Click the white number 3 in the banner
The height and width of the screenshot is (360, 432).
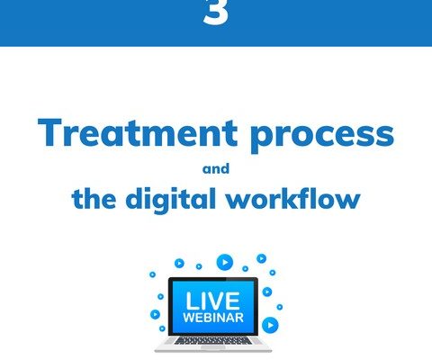(x=216, y=13)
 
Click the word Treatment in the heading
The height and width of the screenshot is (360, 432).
(x=138, y=132)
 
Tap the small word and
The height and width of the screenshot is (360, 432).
(x=216, y=168)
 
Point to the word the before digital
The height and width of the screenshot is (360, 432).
(x=94, y=198)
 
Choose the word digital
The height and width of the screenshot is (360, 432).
(x=170, y=201)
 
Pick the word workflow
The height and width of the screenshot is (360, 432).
(x=293, y=198)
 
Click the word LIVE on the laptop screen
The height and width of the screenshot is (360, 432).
(x=212, y=301)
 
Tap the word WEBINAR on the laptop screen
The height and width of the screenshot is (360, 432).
(x=213, y=318)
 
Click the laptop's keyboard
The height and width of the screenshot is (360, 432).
(x=213, y=340)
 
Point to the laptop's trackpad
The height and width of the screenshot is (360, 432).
(x=213, y=347)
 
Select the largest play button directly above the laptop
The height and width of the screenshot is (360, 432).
(x=225, y=262)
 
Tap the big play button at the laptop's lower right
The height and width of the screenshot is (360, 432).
(x=270, y=325)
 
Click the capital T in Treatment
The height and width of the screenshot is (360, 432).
(x=49, y=132)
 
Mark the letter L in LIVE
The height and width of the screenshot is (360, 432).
(x=192, y=301)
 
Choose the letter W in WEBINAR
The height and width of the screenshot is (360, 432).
(x=189, y=318)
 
